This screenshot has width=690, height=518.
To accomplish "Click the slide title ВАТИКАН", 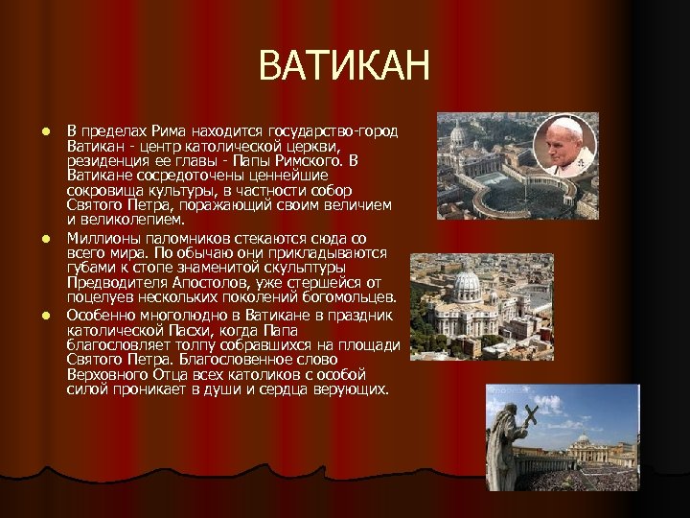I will click(x=345, y=68).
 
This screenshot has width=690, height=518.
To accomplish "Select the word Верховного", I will click(x=108, y=374).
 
